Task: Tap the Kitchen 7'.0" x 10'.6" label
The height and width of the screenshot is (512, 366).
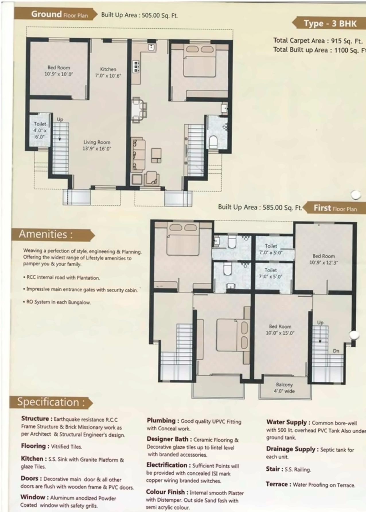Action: point(108,73)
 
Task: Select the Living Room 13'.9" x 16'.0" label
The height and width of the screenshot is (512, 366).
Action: point(97,145)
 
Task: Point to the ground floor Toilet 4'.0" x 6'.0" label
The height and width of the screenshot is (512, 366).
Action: point(40,130)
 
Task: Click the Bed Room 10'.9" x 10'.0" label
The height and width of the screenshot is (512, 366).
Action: point(59,71)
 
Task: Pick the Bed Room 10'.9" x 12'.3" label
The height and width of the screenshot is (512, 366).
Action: point(324,259)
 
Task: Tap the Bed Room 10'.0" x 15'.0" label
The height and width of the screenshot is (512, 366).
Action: point(280,330)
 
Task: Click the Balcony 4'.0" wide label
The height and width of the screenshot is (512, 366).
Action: point(284,388)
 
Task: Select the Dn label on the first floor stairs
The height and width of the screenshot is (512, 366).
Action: point(336,351)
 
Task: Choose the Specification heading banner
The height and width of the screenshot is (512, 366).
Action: point(50,402)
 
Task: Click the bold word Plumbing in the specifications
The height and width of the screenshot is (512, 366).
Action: point(161,421)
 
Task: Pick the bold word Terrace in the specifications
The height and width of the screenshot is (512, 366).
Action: point(277,484)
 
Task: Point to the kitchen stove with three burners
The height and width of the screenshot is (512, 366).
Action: point(136,67)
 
